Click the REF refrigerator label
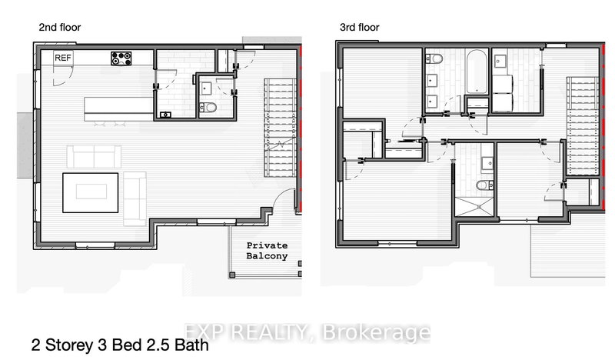pos(63,57)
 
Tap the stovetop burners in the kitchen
pos(121,57)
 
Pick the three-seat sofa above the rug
pos(94,157)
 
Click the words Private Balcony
pos(267,251)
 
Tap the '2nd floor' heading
pos(60,28)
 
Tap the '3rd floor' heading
pos(360,28)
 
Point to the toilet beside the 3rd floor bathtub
pos(434,59)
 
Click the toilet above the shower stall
pos(482,185)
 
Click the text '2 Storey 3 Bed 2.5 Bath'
pos(120,345)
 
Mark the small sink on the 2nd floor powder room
pos(165,115)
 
